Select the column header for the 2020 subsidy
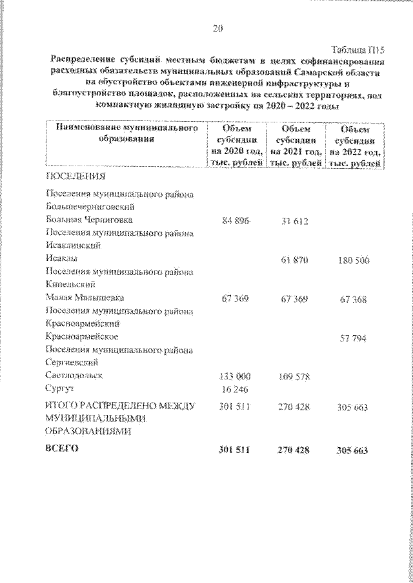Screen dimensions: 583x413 [x=234, y=146]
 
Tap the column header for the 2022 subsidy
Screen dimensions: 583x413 [x=354, y=146]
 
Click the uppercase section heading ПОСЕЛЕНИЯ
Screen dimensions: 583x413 [x=76, y=175]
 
